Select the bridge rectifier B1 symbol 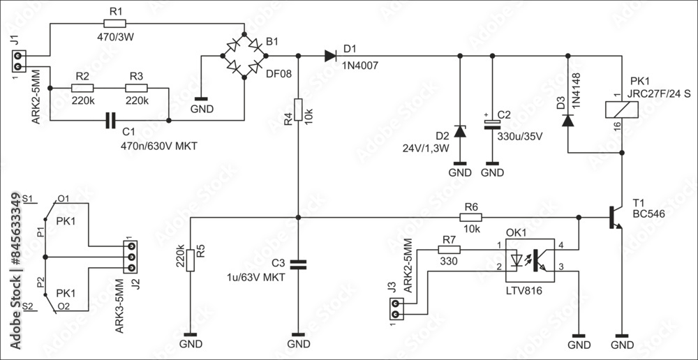pos(244,56)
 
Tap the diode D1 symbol pos(331,56)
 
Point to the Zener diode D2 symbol pos(460,130)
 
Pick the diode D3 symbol pos(568,120)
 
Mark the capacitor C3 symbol pos(299,264)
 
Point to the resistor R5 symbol pos(191,257)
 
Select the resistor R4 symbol pos(299,110)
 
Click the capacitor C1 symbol pos(109,121)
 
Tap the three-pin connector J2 pos(128,257)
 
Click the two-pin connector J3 pos(396,309)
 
